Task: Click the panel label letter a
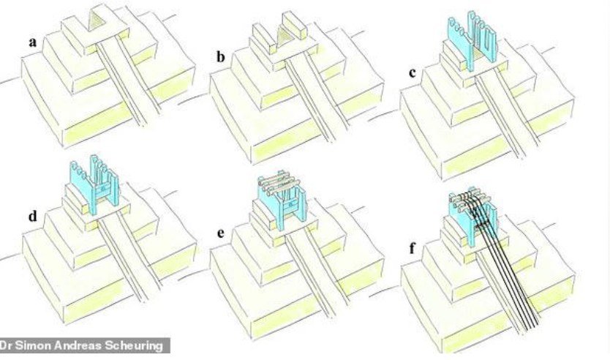[x=33, y=42]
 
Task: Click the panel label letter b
[x=221, y=57]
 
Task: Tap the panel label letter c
[x=413, y=72]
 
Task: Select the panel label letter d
[x=33, y=216]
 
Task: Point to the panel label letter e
[x=221, y=233]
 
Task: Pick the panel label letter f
[x=413, y=248]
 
